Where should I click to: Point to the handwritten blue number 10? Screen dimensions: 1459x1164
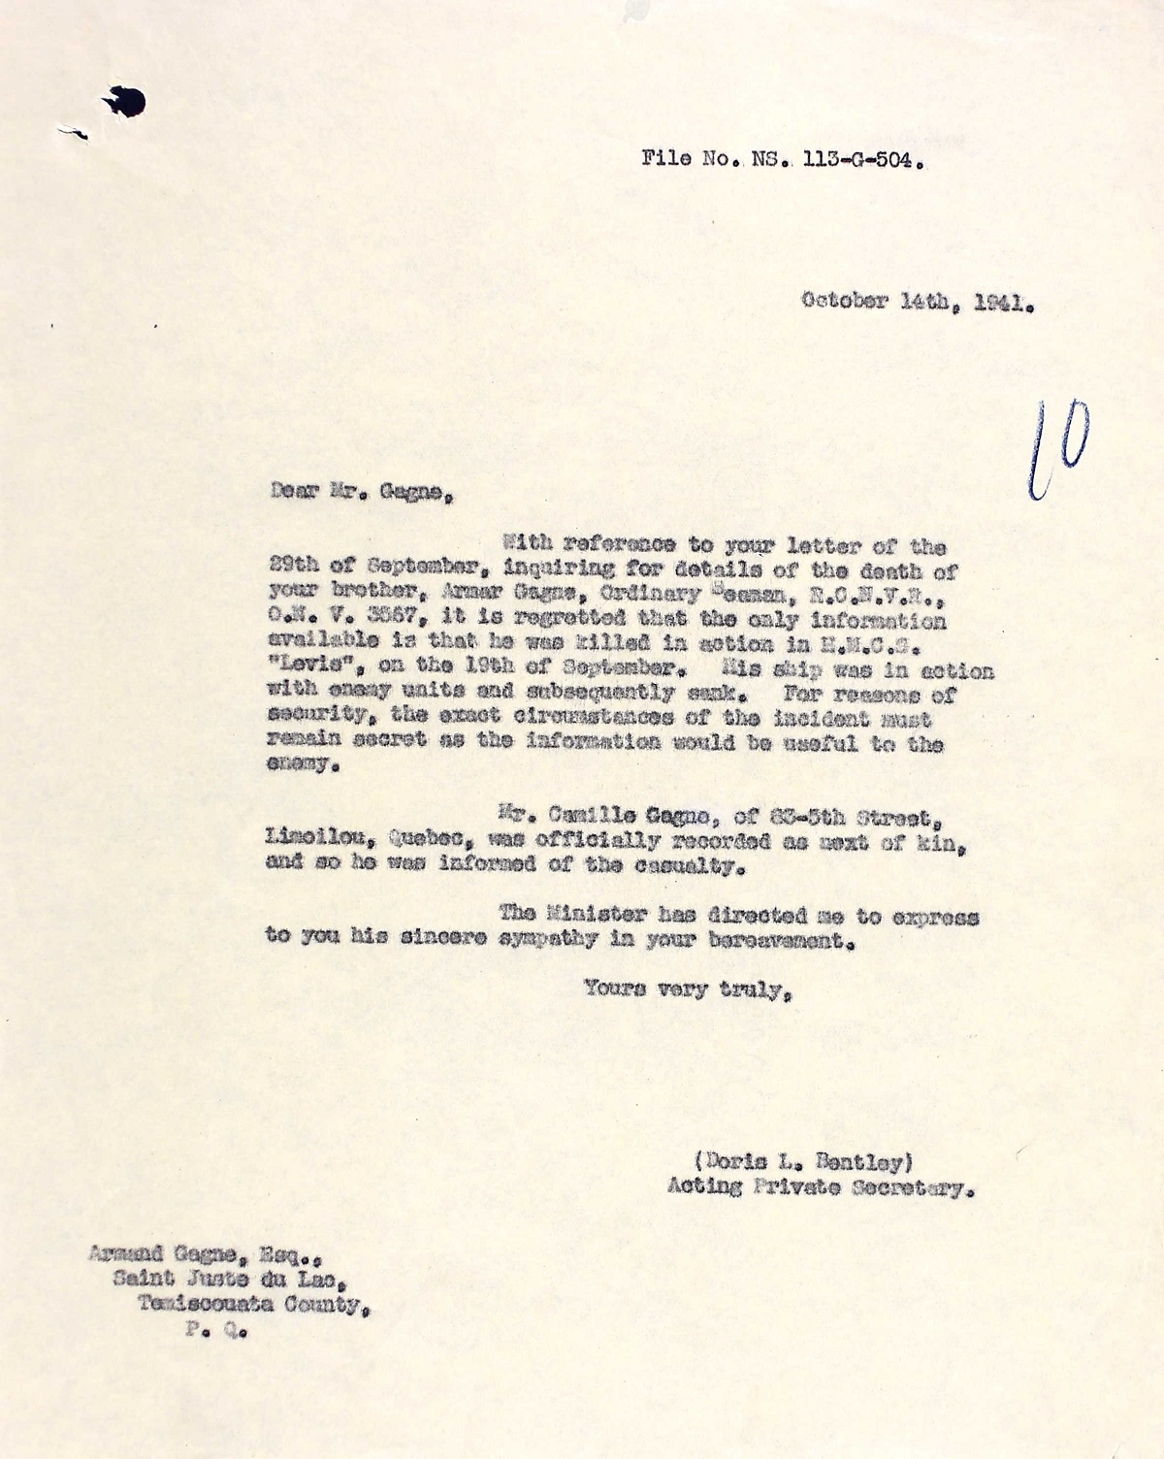point(1058,447)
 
